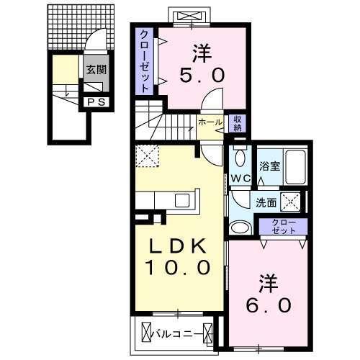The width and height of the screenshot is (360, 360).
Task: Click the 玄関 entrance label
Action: pos(96,70)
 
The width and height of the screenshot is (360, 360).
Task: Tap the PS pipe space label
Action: pos(96,102)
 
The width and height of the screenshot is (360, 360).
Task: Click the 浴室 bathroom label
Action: pos(269,166)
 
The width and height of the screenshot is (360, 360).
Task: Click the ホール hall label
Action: pos(210,122)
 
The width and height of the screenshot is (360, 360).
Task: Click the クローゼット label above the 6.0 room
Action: pos(288,226)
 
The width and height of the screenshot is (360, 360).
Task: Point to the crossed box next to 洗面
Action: pos(291,202)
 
